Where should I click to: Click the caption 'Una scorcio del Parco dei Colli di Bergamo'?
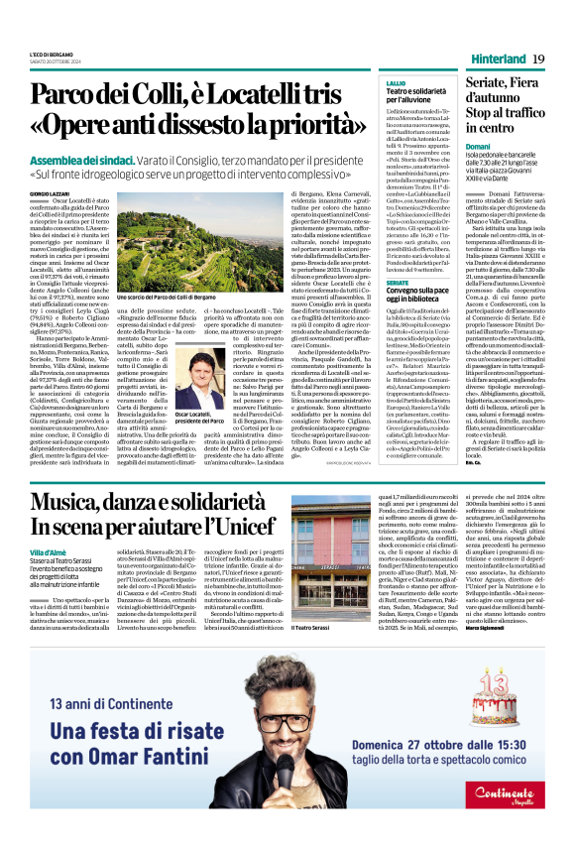point(167,297)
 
